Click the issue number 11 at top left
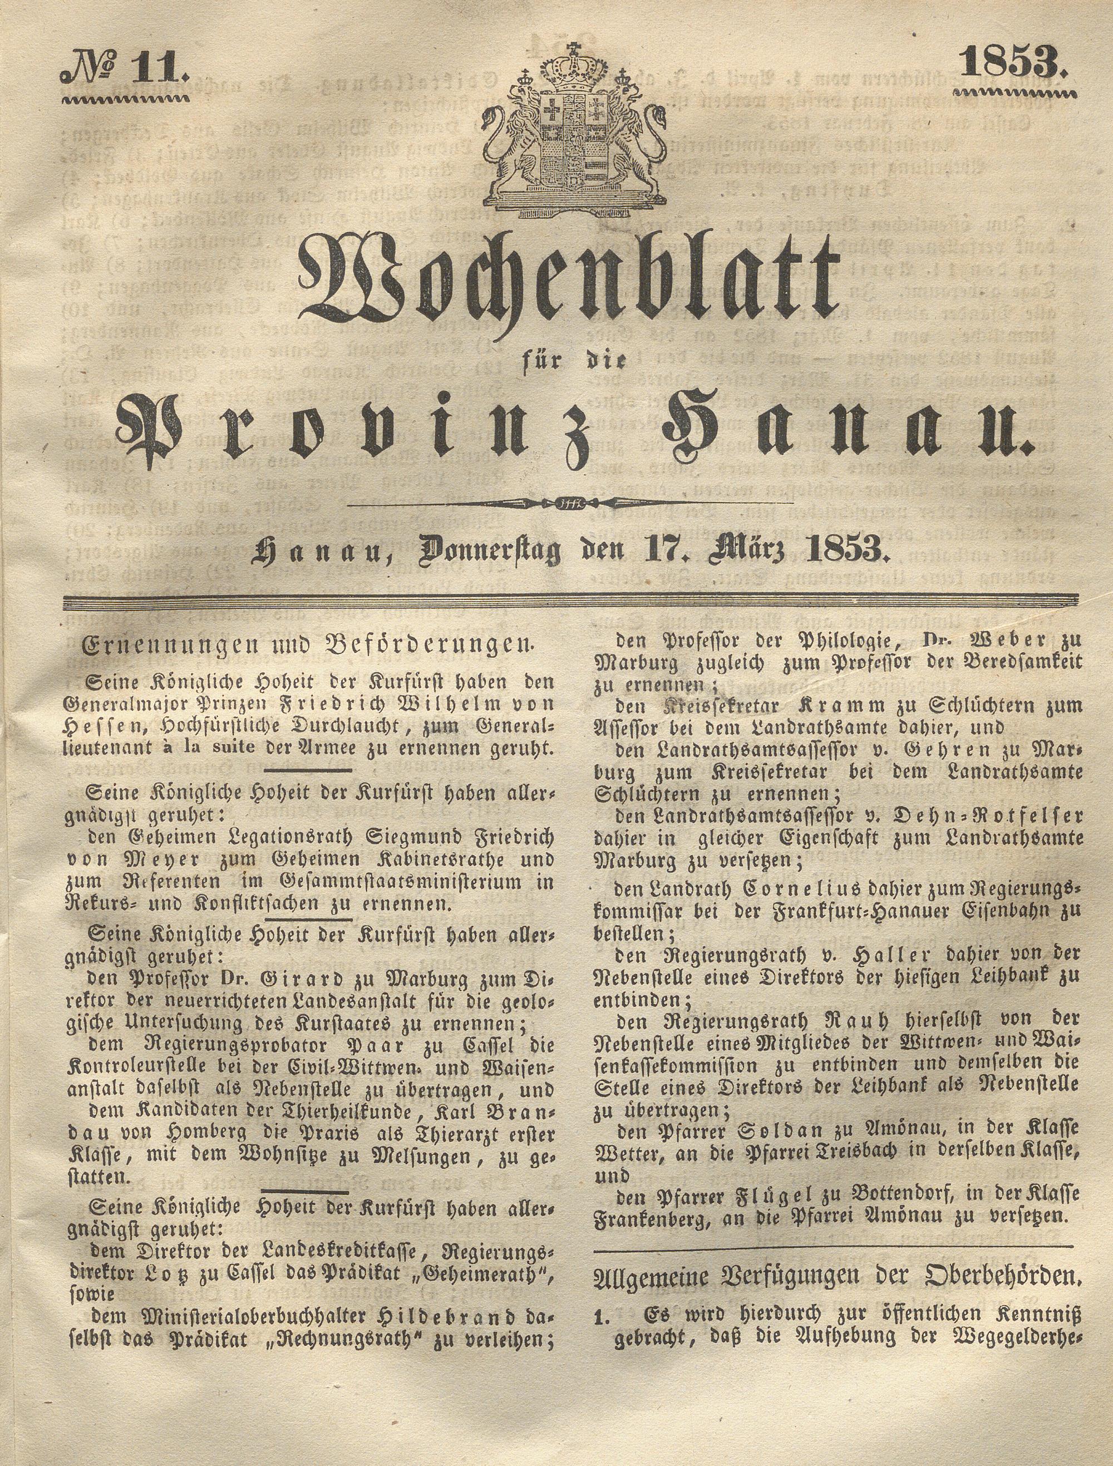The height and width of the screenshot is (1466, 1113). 160,70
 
